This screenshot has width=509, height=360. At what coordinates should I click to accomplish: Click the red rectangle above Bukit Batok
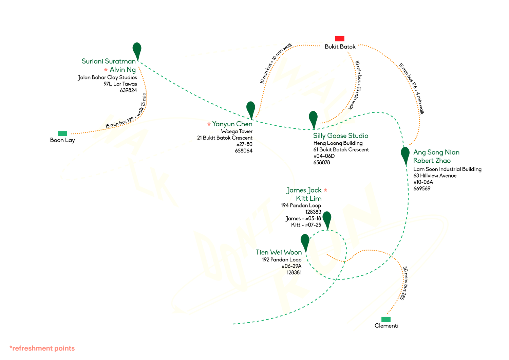click(340, 39)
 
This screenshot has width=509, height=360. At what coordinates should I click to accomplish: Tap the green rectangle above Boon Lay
click(62, 133)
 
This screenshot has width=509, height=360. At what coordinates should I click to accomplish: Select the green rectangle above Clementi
click(386, 319)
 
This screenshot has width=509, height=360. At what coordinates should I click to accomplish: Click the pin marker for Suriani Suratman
click(137, 50)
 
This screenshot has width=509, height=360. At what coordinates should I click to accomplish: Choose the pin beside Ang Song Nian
click(405, 154)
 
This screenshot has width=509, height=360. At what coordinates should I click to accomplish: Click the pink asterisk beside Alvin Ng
click(106, 70)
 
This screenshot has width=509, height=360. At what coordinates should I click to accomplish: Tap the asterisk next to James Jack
click(325, 190)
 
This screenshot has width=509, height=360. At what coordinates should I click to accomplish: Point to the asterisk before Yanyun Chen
click(209, 124)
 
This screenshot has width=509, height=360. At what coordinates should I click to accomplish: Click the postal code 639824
click(128, 91)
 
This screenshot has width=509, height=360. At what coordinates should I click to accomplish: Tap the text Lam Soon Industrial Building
click(447, 169)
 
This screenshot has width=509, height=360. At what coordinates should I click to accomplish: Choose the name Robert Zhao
click(432, 161)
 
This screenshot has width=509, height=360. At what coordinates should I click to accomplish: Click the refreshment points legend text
click(42, 348)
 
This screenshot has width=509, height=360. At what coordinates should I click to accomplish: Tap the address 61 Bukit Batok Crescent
click(341, 149)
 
